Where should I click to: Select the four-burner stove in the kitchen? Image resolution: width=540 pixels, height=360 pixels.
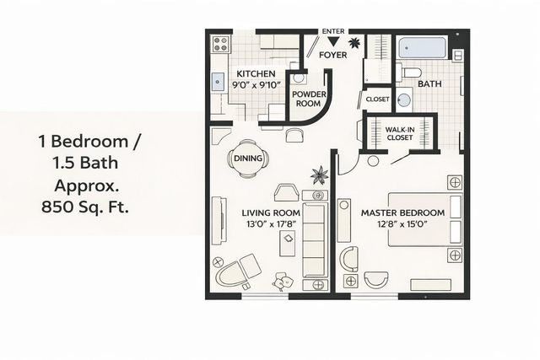(222, 42)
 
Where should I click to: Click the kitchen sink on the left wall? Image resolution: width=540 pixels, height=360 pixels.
(218, 82)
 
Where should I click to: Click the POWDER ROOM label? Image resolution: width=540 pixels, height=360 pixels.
(308, 99)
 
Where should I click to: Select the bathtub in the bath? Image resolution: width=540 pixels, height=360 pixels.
(423, 46)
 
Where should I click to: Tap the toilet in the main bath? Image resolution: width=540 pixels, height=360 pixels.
(408, 72)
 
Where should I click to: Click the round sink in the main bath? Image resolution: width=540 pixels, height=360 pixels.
(403, 100)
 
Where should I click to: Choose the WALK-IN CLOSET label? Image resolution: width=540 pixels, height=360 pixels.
(399, 132)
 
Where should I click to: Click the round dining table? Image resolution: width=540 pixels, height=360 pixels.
(245, 158)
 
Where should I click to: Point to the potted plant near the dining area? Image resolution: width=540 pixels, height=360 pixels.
(320, 175)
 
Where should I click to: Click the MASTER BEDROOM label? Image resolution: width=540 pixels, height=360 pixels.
(402, 212)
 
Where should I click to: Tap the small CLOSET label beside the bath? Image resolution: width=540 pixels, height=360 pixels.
(377, 99)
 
